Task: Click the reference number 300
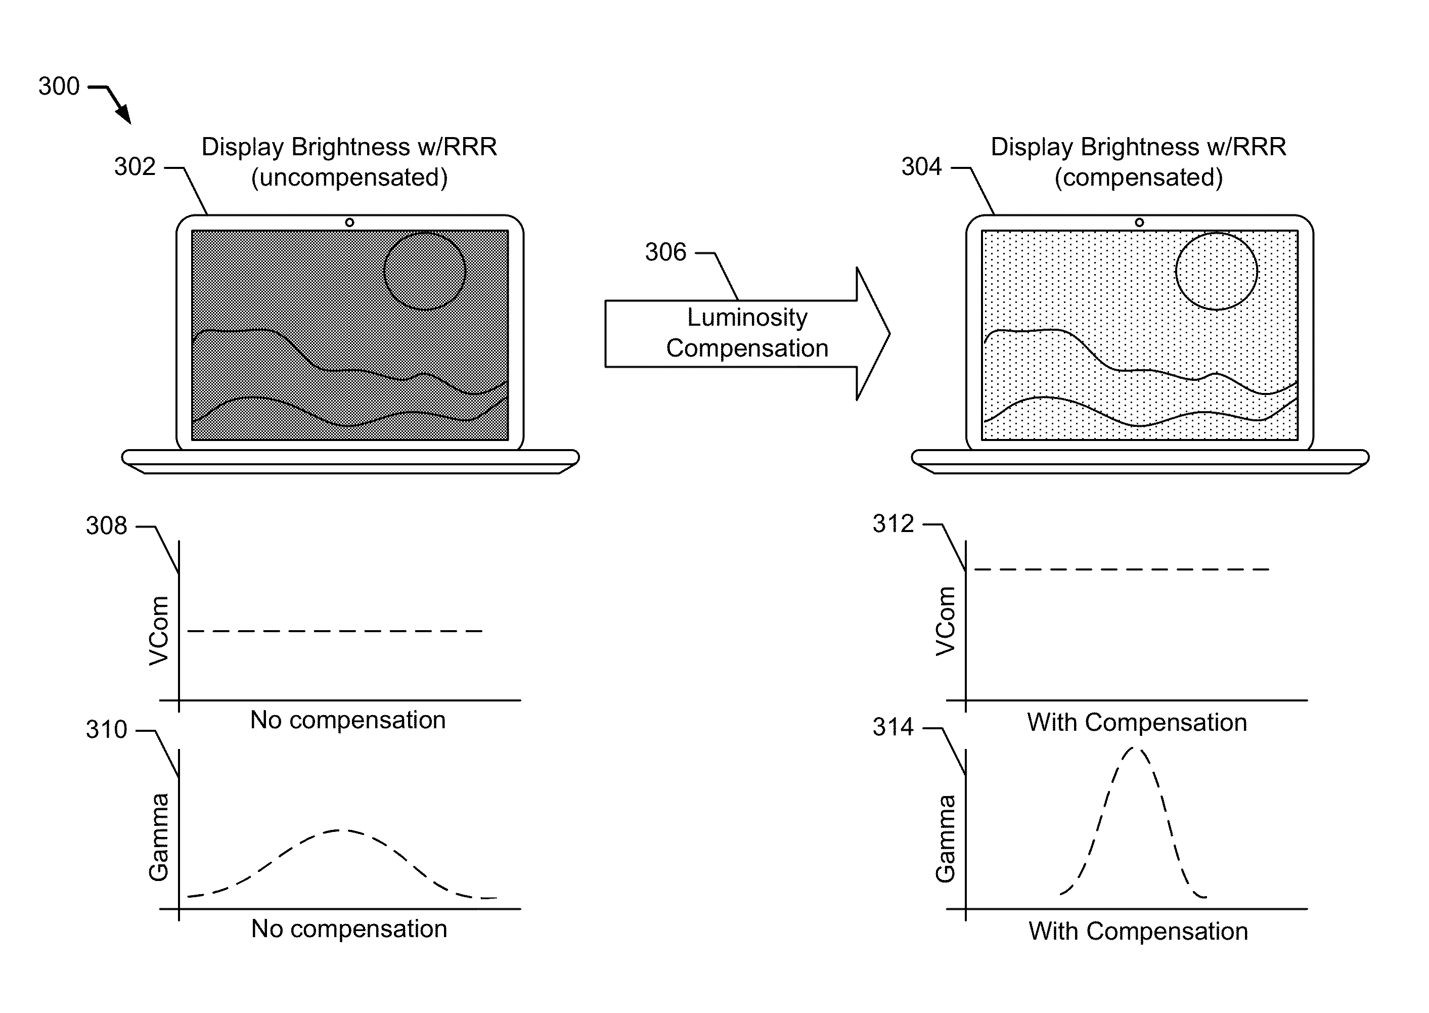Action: pos(59,86)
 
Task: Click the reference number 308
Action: pos(106,526)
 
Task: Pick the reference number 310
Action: pos(106,729)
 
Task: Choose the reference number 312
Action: pos(892,523)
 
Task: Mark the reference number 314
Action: pos(892,727)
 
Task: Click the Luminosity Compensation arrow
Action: pos(747,334)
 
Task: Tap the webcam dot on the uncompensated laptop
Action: pos(349,223)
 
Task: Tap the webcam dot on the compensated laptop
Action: pos(1139,223)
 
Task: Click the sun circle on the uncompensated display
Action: pos(425,272)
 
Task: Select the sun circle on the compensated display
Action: pos(1216,272)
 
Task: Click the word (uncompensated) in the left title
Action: pos(349,178)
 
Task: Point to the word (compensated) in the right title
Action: pos(1138,178)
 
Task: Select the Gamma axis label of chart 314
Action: pos(946,839)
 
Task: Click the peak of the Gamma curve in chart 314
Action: pos(1135,748)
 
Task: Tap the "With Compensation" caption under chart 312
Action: pos(1136,722)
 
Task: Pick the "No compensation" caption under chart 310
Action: pos(349,929)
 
